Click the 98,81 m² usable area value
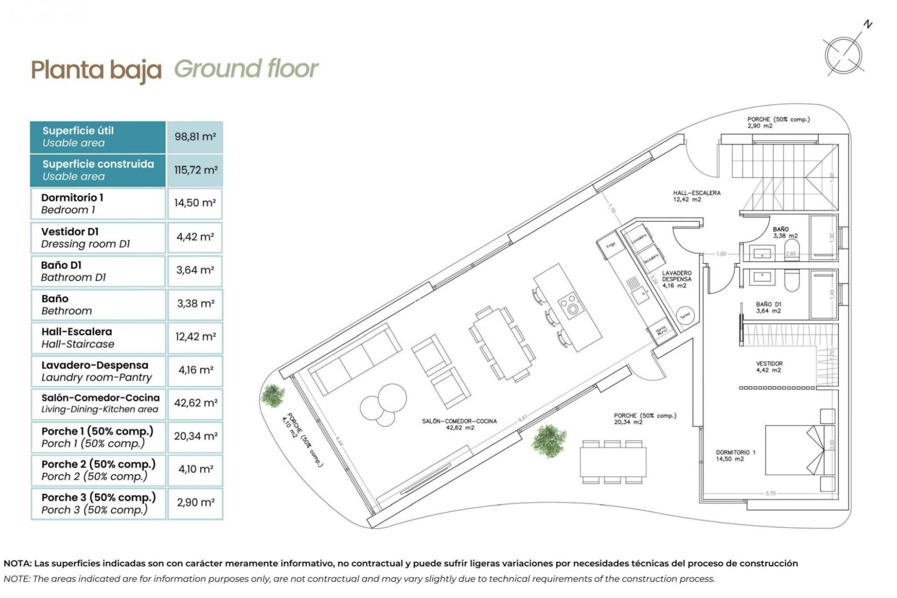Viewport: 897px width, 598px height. pos(195,137)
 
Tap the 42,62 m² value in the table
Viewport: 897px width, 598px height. pos(195,403)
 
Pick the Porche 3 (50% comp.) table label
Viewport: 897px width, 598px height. pos(98,503)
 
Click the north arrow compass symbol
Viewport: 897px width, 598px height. pos(844,55)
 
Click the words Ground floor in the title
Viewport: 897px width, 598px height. pos(246,69)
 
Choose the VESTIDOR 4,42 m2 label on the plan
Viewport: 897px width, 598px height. pos(769,367)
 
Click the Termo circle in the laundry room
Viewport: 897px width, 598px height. pos(685,315)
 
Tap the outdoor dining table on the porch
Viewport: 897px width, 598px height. pos(613,462)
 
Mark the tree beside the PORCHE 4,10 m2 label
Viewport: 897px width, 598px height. pos(272,395)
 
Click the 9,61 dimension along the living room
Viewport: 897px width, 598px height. pos(522,417)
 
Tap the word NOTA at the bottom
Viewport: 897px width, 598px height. pos(17,563)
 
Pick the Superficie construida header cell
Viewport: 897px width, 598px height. pos(98,170)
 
